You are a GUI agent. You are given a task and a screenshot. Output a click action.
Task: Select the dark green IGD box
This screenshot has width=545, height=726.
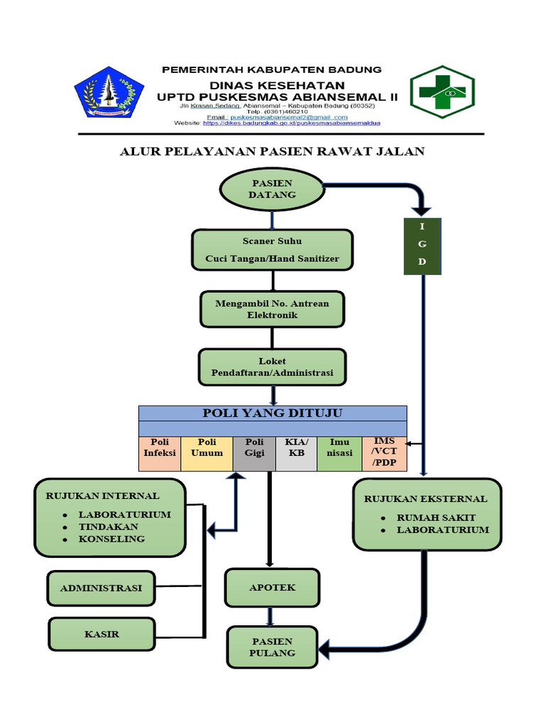[424, 246]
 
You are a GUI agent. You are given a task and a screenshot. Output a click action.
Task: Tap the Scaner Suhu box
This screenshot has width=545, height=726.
[272, 250]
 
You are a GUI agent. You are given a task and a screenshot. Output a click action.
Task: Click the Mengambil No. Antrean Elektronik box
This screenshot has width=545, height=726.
[272, 309]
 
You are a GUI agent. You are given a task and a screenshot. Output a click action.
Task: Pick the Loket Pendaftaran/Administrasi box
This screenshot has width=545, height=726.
[272, 367]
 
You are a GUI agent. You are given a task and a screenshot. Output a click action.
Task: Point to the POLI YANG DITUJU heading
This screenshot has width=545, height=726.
[272, 413]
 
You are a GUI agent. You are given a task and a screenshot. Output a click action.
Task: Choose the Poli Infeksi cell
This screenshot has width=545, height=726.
[160, 453]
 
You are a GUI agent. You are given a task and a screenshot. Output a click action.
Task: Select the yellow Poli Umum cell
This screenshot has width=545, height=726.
[207, 453]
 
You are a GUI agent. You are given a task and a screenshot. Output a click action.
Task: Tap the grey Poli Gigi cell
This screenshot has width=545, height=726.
[255, 453]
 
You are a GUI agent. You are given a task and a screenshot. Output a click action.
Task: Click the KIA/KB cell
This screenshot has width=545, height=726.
[297, 453]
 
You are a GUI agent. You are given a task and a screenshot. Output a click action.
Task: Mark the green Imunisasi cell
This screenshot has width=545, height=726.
[340, 453]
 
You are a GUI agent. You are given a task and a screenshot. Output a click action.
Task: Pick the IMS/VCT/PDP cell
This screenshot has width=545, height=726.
[385, 453]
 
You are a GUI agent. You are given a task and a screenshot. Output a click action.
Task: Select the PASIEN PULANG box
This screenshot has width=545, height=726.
[272, 647]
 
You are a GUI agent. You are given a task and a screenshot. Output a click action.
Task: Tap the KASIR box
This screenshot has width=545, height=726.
[101, 635]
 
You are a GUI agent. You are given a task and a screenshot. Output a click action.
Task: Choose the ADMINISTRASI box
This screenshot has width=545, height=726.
[101, 588]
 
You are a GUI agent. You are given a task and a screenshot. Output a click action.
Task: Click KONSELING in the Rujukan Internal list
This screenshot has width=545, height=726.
[111, 539]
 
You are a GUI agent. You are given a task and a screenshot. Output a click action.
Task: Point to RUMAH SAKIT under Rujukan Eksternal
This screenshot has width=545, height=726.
[436, 518]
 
